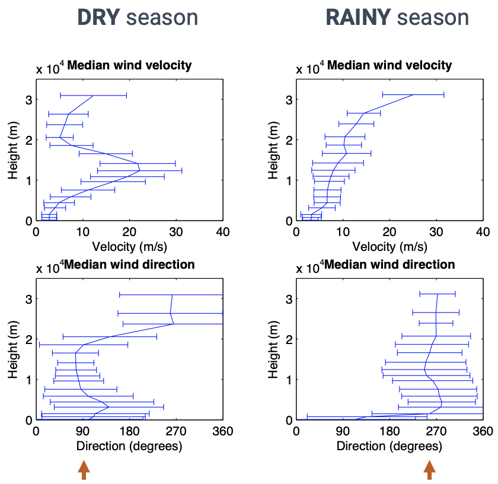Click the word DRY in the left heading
tap(99, 17)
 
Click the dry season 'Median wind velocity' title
tap(129, 65)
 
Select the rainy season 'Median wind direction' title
tap(390, 264)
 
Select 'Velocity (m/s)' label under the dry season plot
tap(129, 246)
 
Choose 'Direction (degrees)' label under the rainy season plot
tap(390, 445)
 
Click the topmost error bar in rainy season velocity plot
tap(413, 94)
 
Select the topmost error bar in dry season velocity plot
tap(94, 95)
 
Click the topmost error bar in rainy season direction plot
tap(438, 294)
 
